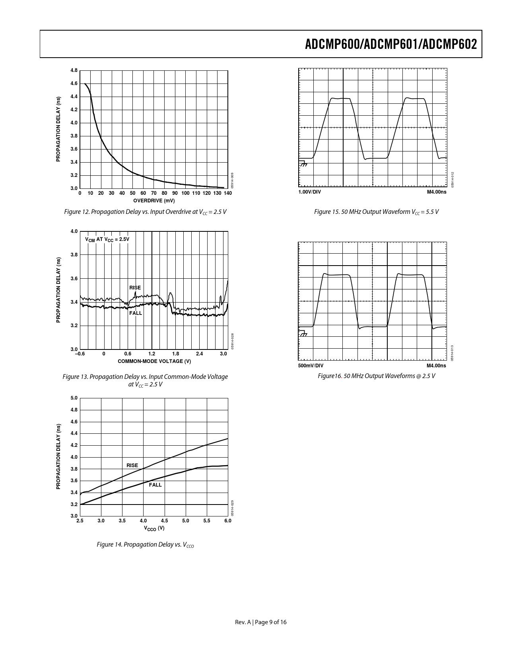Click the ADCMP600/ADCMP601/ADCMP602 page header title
tap(390, 44)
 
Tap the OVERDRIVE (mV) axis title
tap(154, 200)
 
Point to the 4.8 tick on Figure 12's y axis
tap(74, 70)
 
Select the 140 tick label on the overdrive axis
tap(227, 193)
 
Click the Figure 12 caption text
tap(145, 212)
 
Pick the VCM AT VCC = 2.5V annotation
tap(107, 239)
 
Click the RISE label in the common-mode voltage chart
tap(135, 287)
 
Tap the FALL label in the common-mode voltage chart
tap(136, 313)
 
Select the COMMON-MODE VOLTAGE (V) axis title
tap(154, 361)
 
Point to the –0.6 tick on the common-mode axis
tap(80, 354)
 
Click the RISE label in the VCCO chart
tap(132, 465)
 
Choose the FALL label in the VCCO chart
tap(155, 485)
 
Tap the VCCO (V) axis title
tap(154, 528)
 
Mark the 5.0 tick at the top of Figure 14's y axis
tap(74, 398)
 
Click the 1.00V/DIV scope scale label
tap(310, 192)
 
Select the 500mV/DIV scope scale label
tap(311, 366)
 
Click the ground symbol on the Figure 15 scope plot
tap(303, 163)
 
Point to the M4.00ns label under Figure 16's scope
tap(436, 366)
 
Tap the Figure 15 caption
tap(376, 212)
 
